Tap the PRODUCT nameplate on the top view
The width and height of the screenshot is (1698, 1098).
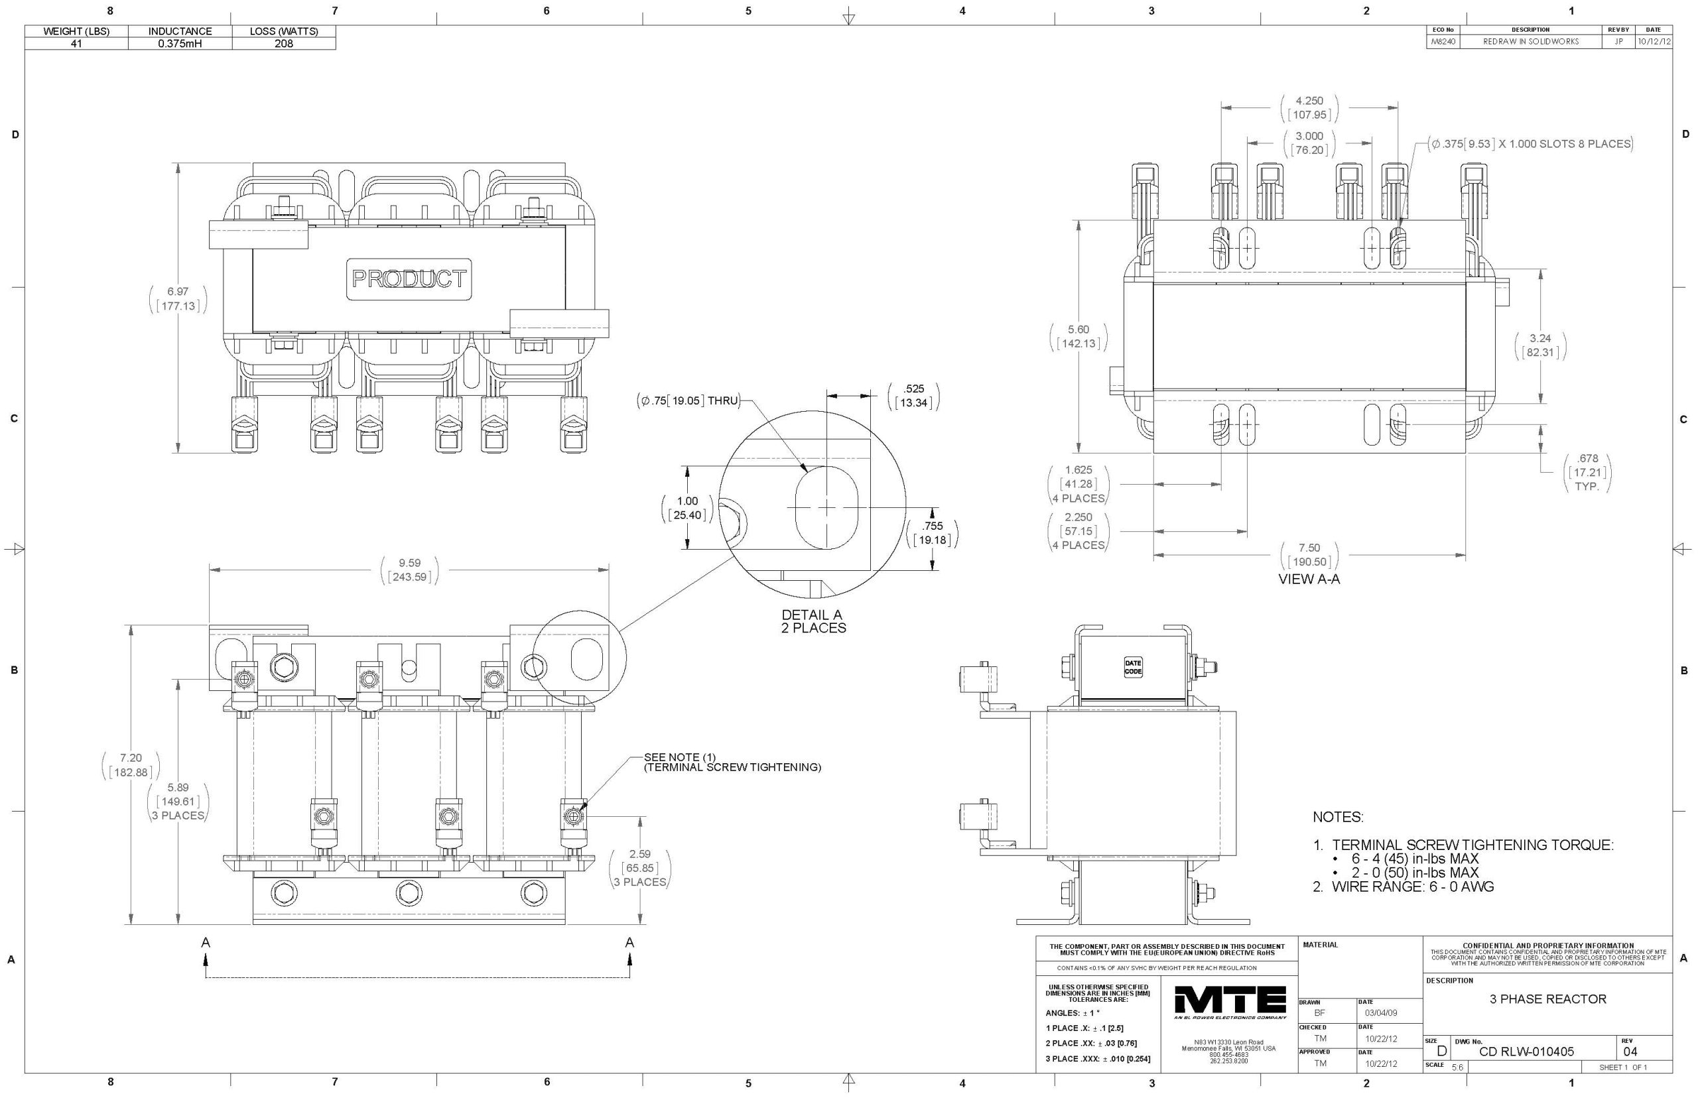[409, 278]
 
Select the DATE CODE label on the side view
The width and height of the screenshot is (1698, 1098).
[1132, 668]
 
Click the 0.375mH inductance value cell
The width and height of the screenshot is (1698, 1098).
[180, 44]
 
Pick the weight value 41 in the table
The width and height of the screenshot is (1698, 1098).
[76, 44]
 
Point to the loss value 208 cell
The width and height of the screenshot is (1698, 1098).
[284, 44]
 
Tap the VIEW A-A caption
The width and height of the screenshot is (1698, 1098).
[1309, 579]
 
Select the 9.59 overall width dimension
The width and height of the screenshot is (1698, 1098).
[409, 564]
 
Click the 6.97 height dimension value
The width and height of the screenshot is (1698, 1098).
[178, 292]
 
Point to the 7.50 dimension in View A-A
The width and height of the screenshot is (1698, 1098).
[1309, 548]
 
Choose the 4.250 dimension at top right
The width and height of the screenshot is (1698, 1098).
[1309, 101]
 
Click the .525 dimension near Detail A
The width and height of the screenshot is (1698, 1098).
[913, 389]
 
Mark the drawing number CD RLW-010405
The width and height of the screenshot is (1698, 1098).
[1526, 1052]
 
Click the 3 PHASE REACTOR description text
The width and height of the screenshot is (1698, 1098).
[1547, 999]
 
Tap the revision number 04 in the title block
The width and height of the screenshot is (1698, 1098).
[1630, 1052]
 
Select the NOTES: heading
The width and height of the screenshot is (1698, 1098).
[1338, 817]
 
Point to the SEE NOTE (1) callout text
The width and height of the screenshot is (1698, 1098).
[679, 757]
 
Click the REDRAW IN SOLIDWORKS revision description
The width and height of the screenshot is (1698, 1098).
[1530, 42]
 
